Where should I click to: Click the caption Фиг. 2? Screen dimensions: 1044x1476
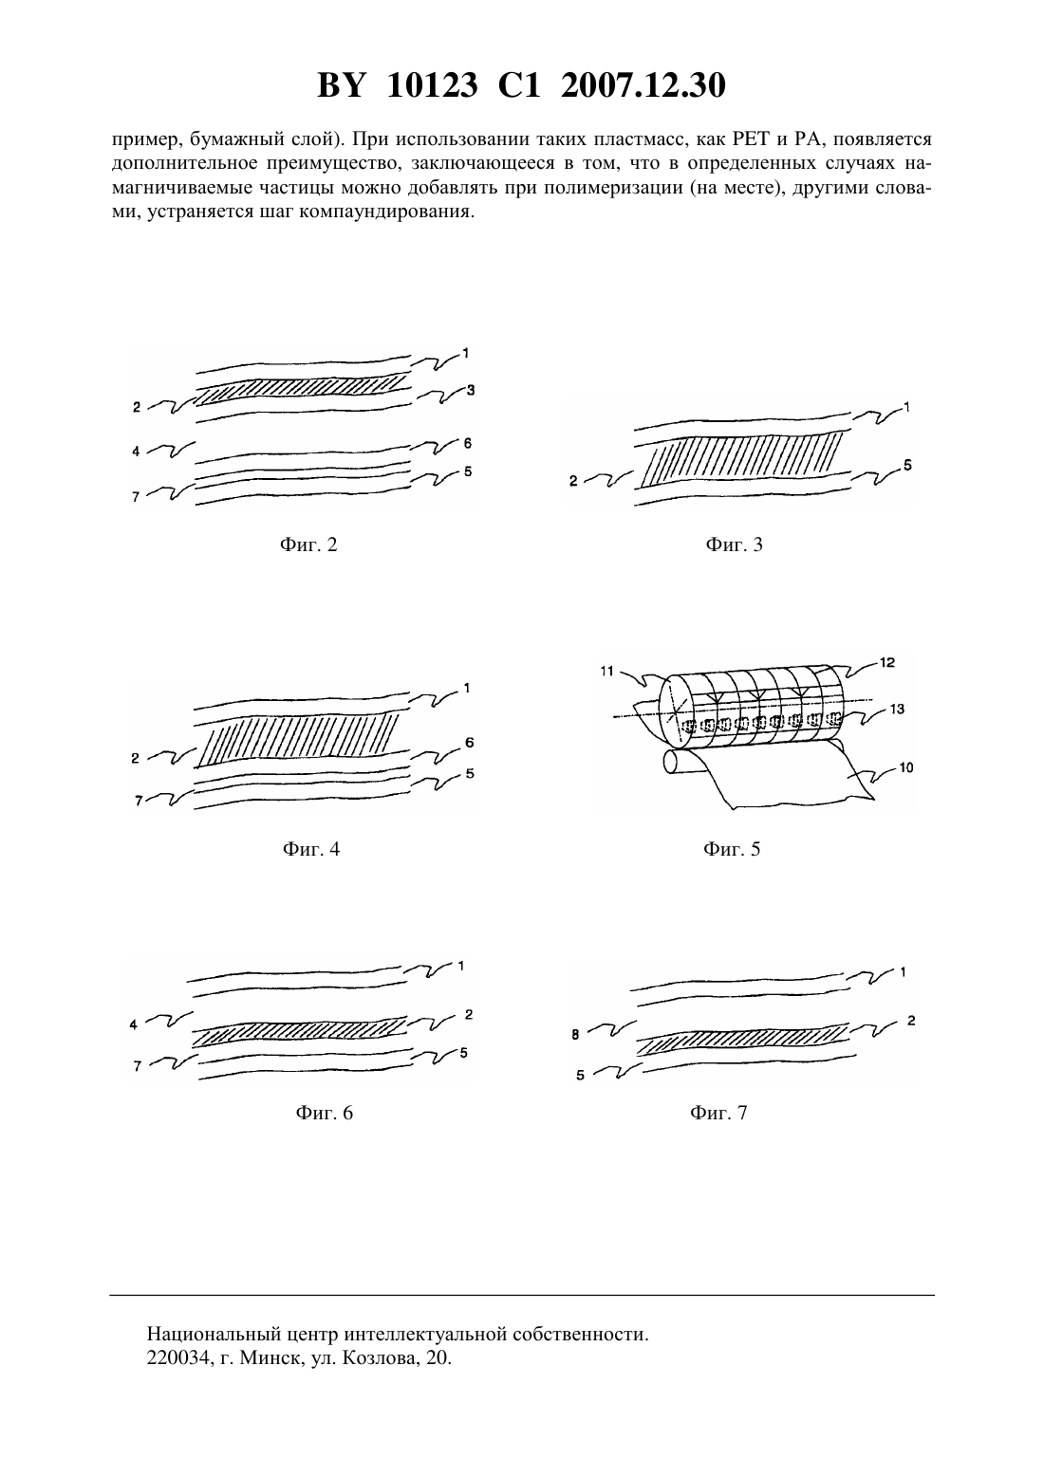click(x=308, y=544)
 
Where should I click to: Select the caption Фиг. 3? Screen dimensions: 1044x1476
click(x=734, y=544)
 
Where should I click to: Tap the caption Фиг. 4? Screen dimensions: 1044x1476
click(x=311, y=849)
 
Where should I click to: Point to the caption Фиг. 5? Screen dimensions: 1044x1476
click(x=732, y=849)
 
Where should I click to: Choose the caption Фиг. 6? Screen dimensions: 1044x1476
click(x=324, y=1113)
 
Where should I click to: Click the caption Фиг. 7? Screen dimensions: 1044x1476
click(x=718, y=1113)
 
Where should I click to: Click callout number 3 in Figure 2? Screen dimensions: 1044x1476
click(x=470, y=390)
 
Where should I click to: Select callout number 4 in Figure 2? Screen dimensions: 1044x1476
click(x=136, y=452)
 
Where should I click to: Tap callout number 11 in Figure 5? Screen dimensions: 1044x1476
click(x=607, y=671)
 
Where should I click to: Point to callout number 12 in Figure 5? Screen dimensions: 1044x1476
click(x=887, y=662)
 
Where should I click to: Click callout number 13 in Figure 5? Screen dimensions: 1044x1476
click(x=896, y=709)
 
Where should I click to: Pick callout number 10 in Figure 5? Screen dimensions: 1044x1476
click(x=906, y=767)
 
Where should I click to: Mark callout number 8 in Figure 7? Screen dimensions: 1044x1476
click(x=575, y=1035)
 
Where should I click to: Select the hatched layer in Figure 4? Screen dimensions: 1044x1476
click(x=300, y=739)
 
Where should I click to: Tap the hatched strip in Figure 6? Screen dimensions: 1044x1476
click(x=300, y=1033)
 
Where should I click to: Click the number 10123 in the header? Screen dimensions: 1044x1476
click(x=432, y=85)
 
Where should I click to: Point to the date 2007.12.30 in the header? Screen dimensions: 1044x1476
click(x=643, y=85)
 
